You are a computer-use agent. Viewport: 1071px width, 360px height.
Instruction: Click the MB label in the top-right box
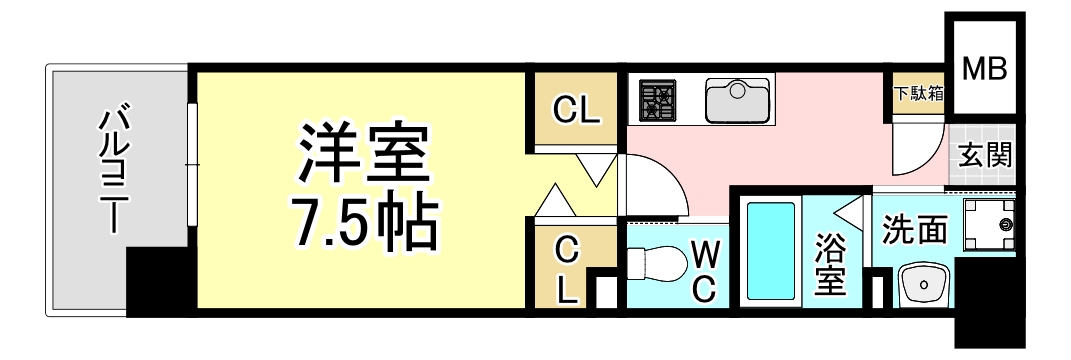[x=985, y=68]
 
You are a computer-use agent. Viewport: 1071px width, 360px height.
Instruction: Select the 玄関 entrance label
[x=986, y=155]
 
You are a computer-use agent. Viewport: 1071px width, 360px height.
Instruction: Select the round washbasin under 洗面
[x=922, y=284]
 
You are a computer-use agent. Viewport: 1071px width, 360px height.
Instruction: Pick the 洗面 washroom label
[x=914, y=229]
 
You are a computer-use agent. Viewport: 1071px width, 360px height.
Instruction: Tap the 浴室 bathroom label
[x=830, y=265]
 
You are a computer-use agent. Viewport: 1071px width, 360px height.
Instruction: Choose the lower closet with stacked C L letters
[x=566, y=267]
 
